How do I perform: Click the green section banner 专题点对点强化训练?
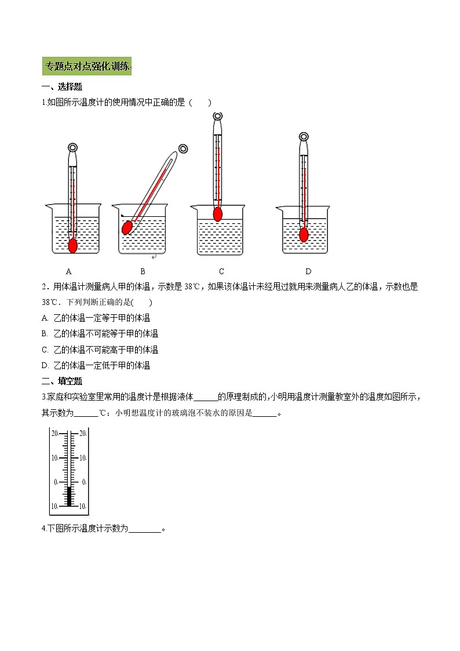[x=87, y=66]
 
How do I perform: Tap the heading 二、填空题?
[x=62, y=381]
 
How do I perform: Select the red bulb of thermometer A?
[x=73, y=245]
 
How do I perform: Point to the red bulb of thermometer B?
[x=127, y=227]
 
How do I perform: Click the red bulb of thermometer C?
[x=218, y=214]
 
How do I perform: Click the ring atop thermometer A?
[x=72, y=147]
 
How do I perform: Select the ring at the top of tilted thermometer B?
[x=182, y=148]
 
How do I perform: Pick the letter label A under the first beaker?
[x=69, y=271]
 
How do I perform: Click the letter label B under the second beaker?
[x=143, y=271]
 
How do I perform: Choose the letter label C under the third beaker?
[x=221, y=271]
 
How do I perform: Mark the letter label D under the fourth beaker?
[x=308, y=271]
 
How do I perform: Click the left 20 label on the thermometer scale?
[x=54, y=433]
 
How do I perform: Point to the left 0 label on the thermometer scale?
[x=56, y=482]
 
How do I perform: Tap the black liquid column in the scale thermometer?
[x=70, y=496]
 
